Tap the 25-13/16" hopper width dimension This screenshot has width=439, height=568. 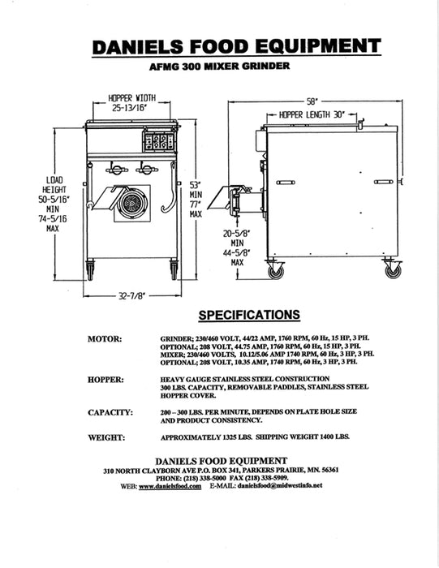pyautogui.click(x=133, y=107)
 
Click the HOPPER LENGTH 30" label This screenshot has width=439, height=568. pyautogui.click(x=313, y=116)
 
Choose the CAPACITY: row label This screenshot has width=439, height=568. pyautogui.click(x=110, y=412)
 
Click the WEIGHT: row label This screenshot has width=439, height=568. pyautogui.click(x=107, y=438)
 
